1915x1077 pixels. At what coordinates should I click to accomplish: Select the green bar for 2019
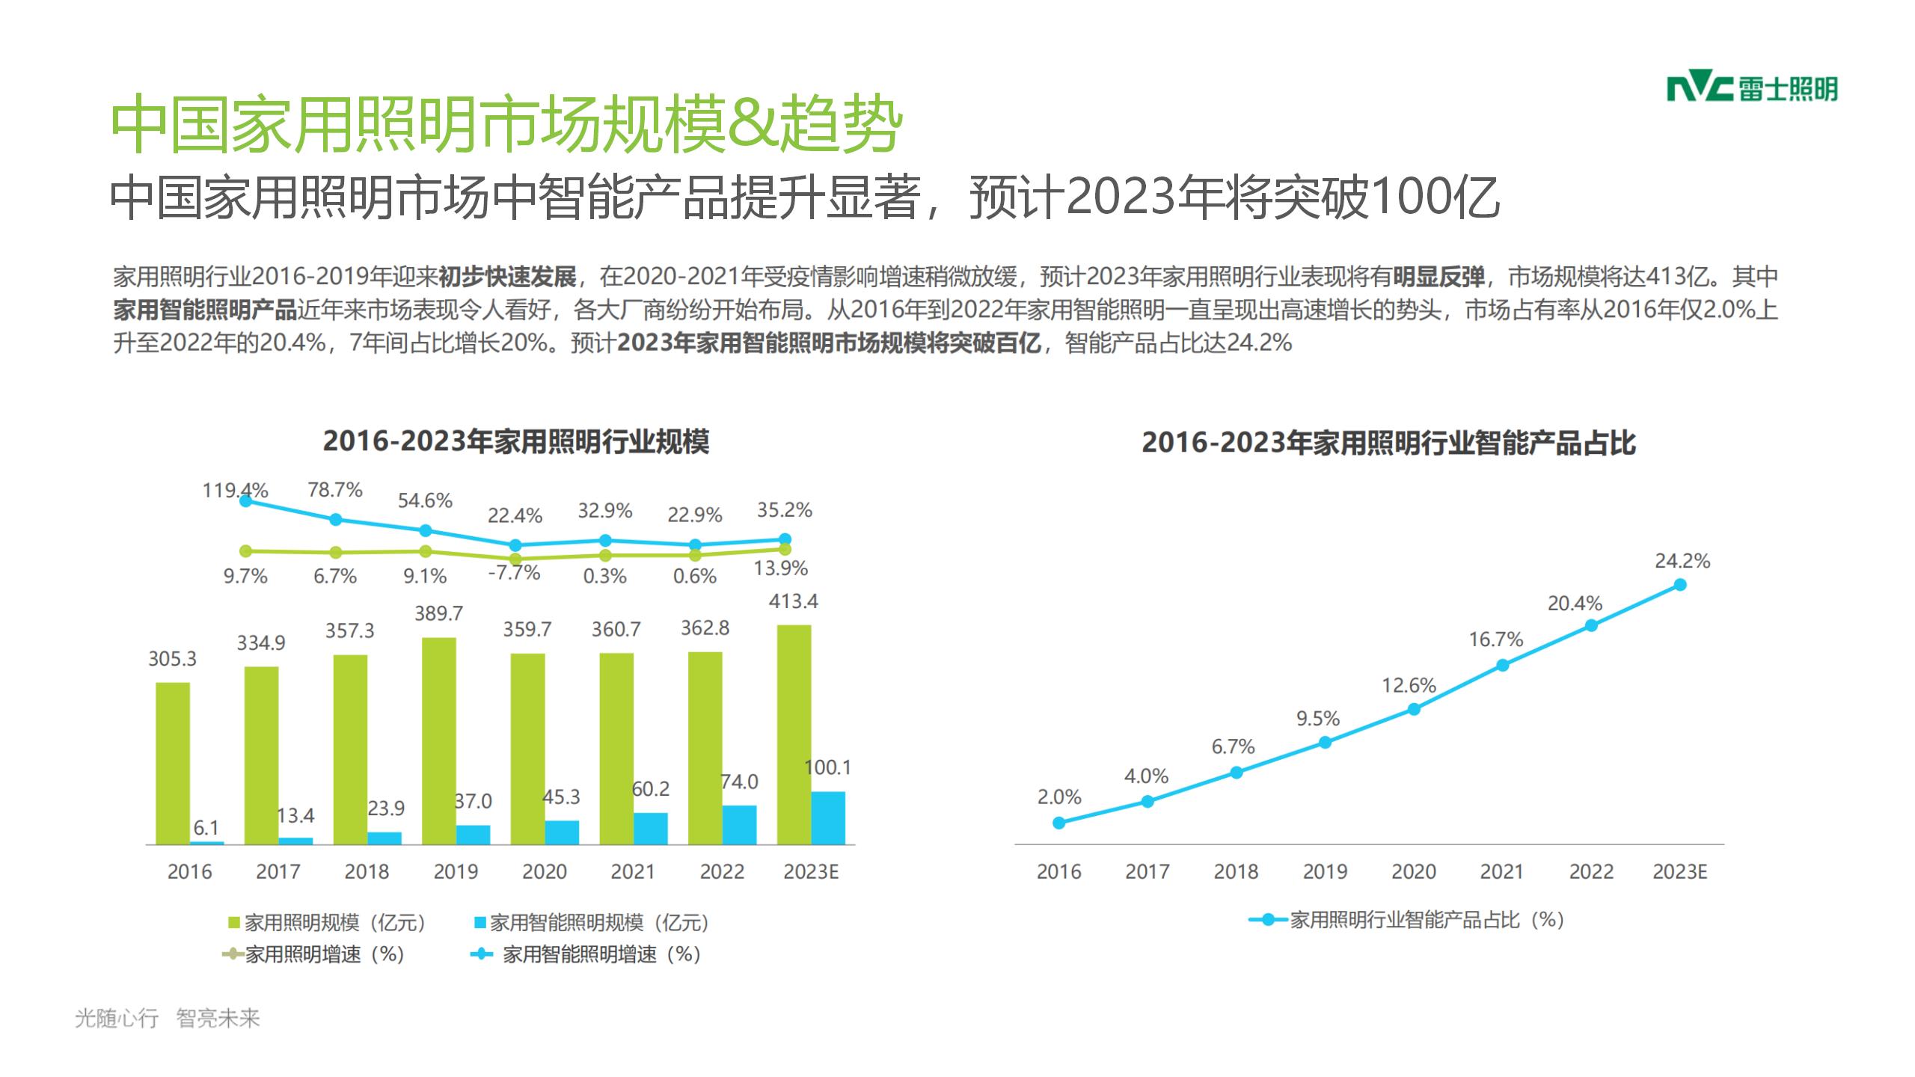coord(439,740)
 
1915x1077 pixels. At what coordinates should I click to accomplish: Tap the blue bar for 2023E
coord(828,817)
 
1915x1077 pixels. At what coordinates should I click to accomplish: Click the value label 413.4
coord(794,601)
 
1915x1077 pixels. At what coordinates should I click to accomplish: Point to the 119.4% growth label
coord(235,491)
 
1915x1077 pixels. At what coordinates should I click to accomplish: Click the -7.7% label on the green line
coord(515,573)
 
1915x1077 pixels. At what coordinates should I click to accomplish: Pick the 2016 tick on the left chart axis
coord(189,872)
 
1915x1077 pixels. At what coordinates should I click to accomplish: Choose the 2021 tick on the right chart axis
coord(1502,872)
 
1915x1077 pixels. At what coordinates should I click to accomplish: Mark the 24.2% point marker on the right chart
coord(1680,585)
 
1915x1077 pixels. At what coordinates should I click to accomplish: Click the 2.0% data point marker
coord(1058,823)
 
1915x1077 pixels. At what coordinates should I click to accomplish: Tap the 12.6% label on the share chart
coord(1409,686)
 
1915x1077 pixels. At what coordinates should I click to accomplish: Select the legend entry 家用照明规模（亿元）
coord(328,923)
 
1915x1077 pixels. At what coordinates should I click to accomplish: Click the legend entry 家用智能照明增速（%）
coord(585,954)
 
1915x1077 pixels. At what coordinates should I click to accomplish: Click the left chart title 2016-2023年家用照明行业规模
coord(516,442)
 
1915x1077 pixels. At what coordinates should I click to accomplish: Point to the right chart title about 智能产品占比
coord(1388,444)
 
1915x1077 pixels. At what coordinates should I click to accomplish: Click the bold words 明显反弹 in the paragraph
coord(1438,277)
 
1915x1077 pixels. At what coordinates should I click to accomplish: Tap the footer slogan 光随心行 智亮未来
coord(168,1018)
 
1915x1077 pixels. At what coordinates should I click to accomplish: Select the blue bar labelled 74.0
coord(740,824)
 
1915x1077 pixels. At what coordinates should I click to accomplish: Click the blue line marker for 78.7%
coord(336,519)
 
